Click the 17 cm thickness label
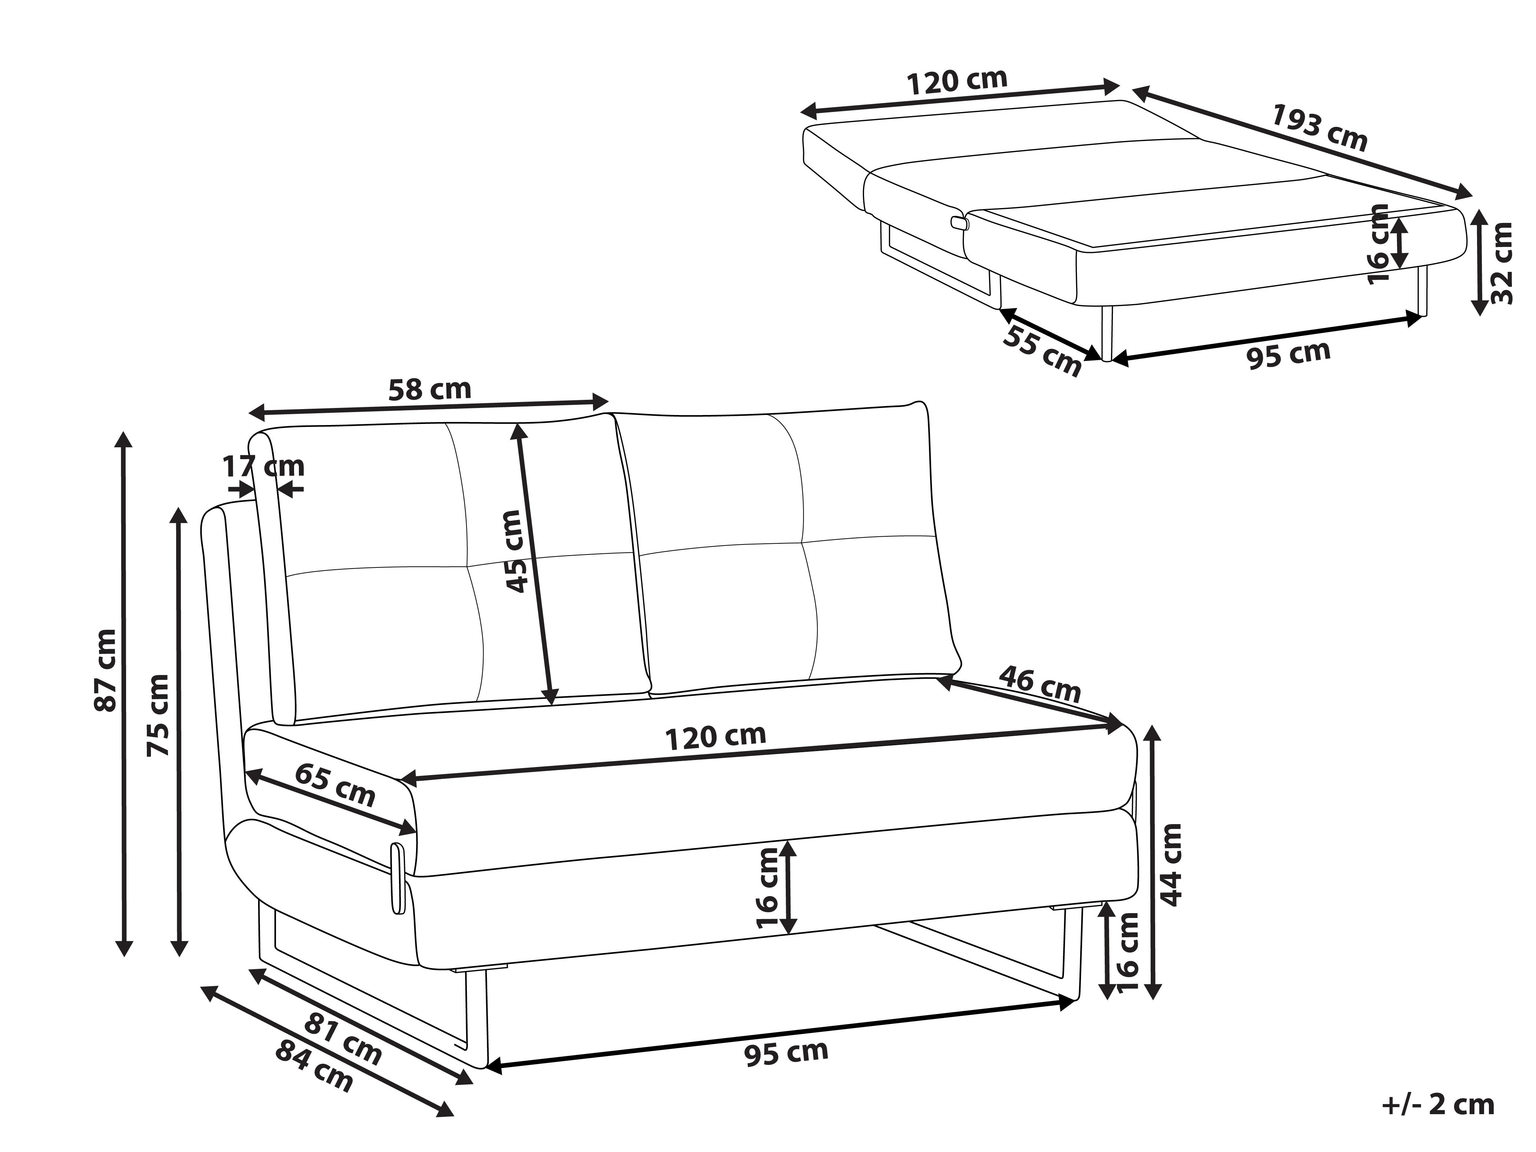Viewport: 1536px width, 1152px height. click(263, 466)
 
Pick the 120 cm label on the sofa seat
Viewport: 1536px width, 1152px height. click(716, 737)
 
